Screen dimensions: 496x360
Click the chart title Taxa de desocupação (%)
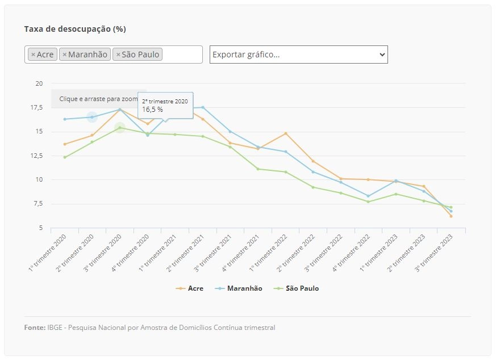coord(75,29)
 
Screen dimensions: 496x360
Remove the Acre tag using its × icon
coord(33,55)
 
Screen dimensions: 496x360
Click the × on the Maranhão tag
coord(65,55)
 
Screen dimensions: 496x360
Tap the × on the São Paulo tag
coord(118,55)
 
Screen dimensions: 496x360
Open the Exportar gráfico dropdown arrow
coord(382,55)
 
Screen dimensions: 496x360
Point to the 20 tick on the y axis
coord(39,83)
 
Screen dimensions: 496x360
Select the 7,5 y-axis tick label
coord(38,203)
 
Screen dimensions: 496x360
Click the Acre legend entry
coord(189,288)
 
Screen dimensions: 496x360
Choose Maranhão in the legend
coord(239,288)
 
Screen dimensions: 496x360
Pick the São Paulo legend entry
coord(296,288)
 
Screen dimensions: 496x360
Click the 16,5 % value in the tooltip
coord(152,110)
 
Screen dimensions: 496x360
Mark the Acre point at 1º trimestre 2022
coord(286,133)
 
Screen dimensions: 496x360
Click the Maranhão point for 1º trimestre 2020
coord(65,119)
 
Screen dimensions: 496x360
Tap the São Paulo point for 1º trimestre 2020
coord(65,157)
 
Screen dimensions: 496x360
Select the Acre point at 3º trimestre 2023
coord(451,216)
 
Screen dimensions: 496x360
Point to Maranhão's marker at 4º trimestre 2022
coord(368,196)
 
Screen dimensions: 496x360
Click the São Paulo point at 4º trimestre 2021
coord(258,169)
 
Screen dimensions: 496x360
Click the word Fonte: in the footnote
coord(35,328)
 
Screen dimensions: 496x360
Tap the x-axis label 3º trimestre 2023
coord(434,253)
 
